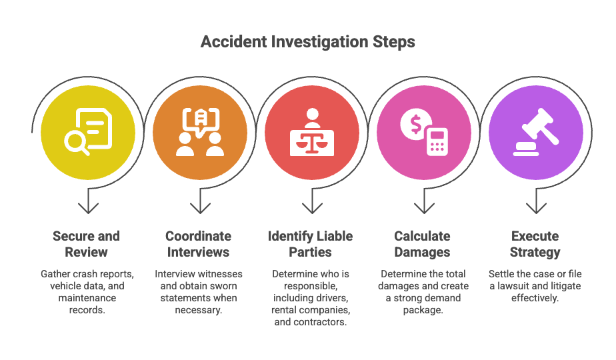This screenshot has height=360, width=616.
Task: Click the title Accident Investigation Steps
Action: click(307, 42)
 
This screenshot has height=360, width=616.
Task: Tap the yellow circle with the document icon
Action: click(88, 132)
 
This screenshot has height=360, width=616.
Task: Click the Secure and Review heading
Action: click(87, 244)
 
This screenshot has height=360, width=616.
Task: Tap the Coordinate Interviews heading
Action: click(199, 244)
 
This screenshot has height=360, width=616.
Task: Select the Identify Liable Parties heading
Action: click(311, 244)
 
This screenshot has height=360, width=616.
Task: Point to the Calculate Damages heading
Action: click(423, 244)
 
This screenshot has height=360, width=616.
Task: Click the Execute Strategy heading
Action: click(535, 244)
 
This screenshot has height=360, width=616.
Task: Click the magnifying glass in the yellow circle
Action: click(75, 142)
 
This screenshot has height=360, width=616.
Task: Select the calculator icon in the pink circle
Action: click(437, 141)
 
